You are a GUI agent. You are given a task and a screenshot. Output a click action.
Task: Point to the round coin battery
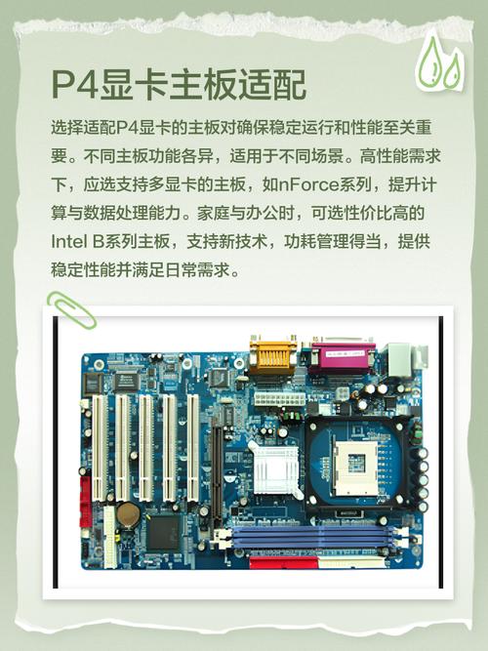(129, 514)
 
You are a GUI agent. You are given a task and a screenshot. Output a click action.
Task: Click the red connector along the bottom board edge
(282, 562)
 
